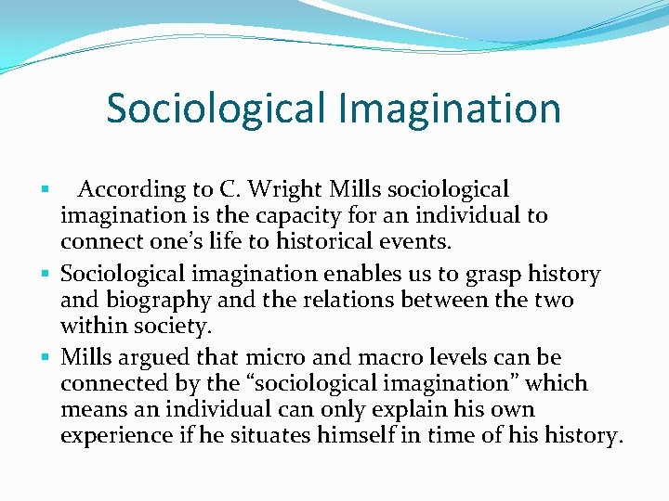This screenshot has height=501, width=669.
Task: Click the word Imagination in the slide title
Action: pyautogui.click(x=450, y=109)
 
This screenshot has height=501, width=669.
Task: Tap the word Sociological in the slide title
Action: pyautogui.click(x=216, y=109)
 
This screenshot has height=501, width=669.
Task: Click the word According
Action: pyautogui.click(x=131, y=190)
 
